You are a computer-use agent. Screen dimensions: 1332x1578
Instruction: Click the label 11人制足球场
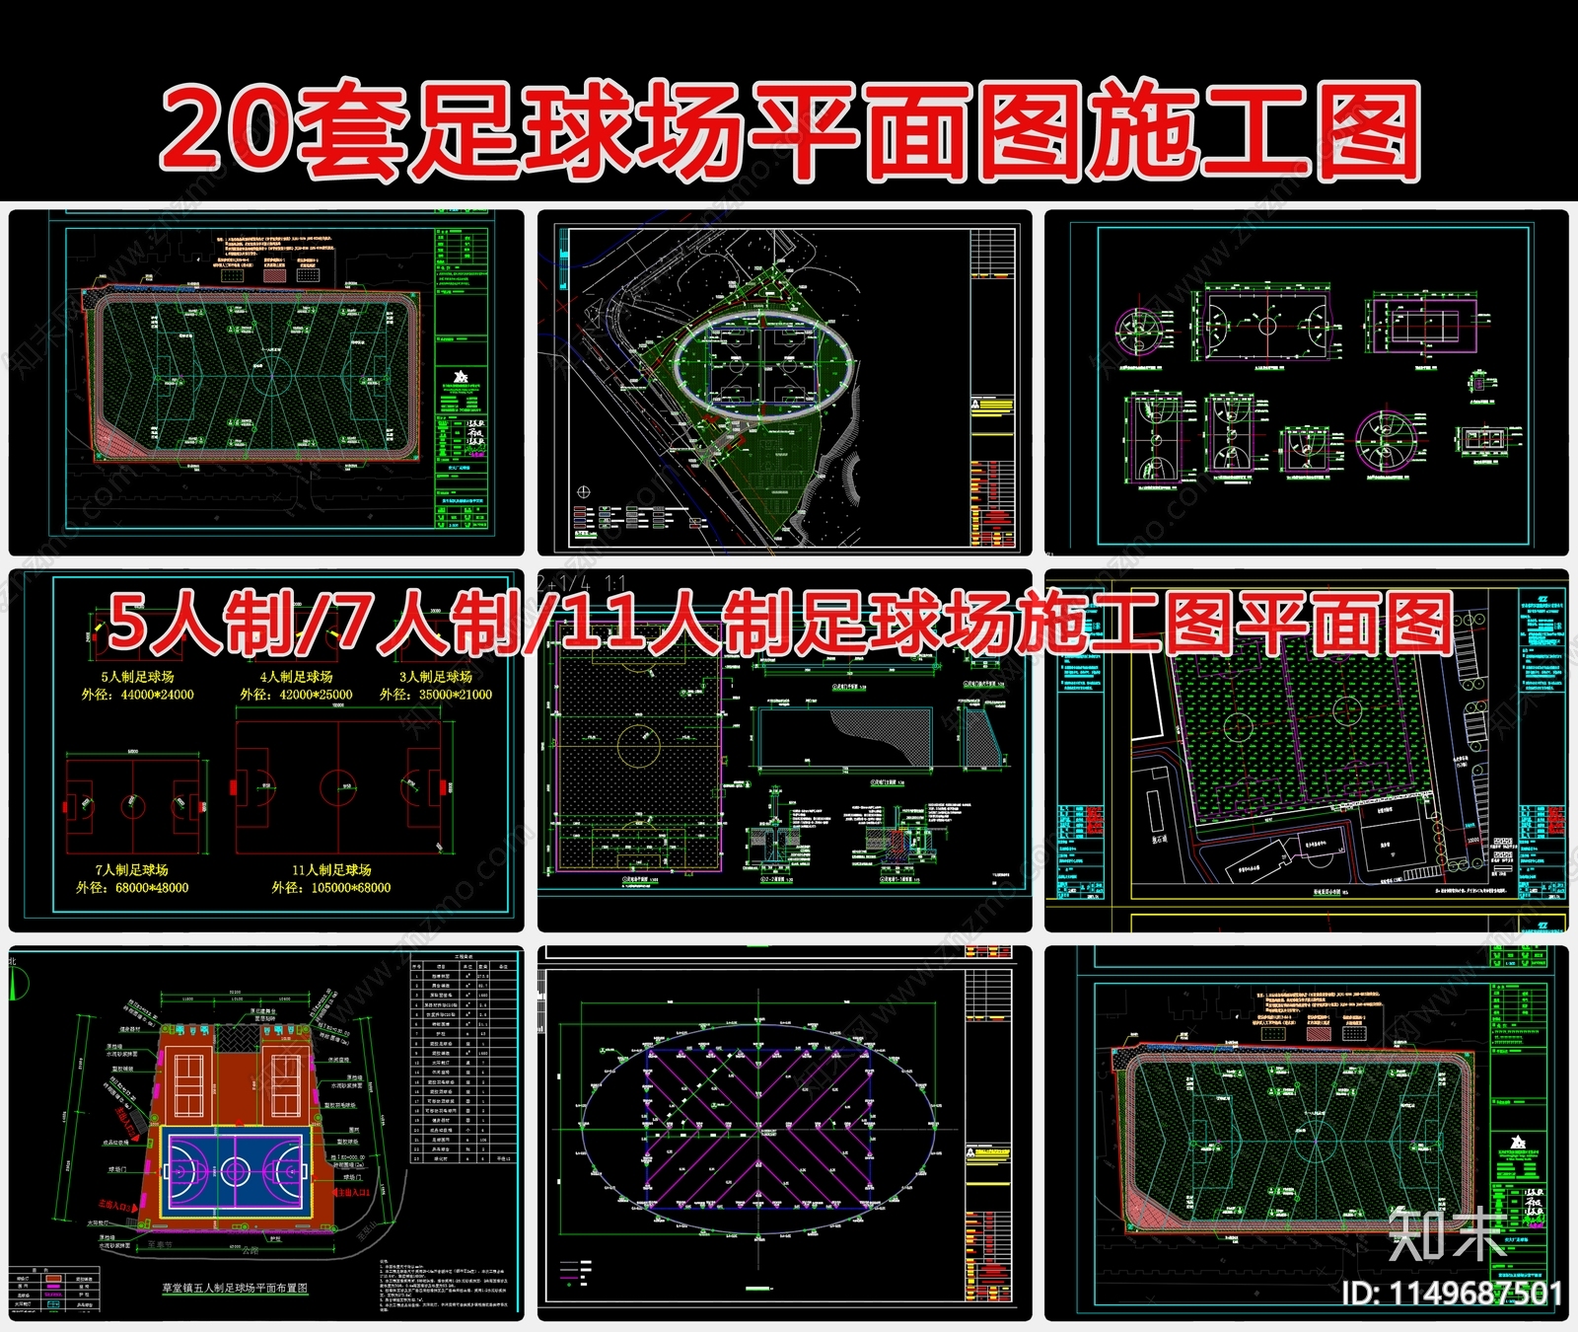pyautogui.click(x=331, y=869)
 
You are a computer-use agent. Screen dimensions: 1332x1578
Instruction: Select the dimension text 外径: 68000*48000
pyautogui.click(x=132, y=887)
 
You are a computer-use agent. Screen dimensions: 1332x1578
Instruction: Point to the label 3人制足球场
pyautogui.click(x=435, y=677)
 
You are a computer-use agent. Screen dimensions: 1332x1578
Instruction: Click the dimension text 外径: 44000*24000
pyautogui.click(x=137, y=695)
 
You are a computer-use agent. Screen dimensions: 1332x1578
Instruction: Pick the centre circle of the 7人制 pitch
pyautogui.click(x=133, y=806)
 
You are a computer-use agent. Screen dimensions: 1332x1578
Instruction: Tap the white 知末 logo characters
pyautogui.click(x=1445, y=1233)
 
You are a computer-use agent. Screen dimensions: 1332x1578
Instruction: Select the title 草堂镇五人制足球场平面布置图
pyautogui.click(x=235, y=1288)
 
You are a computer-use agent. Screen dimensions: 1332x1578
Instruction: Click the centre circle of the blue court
pyautogui.click(x=235, y=1171)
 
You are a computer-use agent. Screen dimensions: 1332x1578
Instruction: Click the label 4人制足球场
pyautogui.click(x=296, y=677)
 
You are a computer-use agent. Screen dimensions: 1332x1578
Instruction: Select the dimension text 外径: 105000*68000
pyautogui.click(x=331, y=887)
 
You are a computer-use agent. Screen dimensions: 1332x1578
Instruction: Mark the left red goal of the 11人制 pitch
pyautogui.click(x=234, y=787)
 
